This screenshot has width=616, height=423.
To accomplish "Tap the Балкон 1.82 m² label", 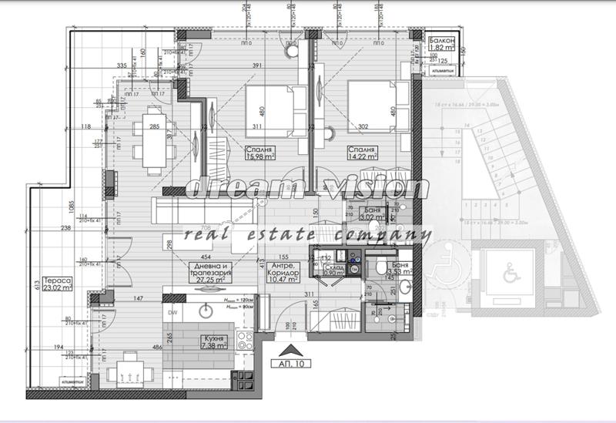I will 443,43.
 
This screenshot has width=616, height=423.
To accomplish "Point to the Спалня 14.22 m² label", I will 361,154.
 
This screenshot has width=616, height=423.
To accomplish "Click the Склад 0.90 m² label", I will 334,270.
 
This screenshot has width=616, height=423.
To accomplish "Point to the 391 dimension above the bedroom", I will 257,65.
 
